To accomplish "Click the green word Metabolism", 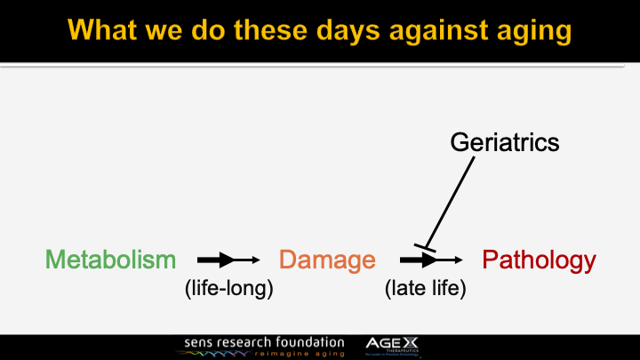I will pos(110,260).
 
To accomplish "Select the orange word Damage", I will pos(327,260).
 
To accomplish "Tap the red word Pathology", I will pos(539,260).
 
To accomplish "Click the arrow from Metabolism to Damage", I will pos(228,260).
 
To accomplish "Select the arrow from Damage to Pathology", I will pos(431,260).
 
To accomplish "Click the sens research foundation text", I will pos(264,341).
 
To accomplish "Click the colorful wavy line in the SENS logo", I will pos(213,354).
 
